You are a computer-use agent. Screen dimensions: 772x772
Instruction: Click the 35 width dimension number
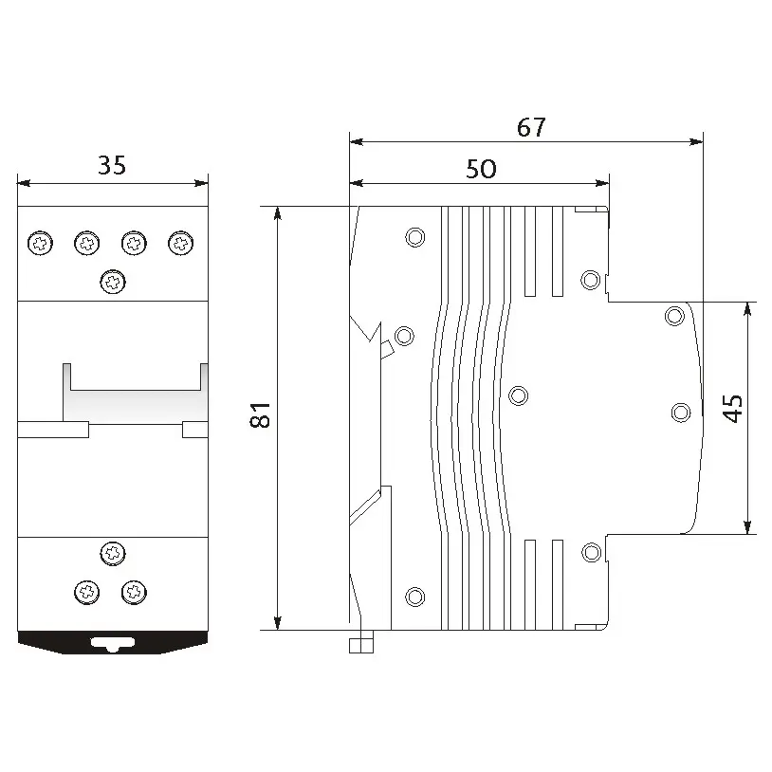(x=112, y=165)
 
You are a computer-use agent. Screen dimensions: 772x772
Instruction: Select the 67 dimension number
(x=531, y=127)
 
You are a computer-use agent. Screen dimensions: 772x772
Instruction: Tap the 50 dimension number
(x=481, y=169)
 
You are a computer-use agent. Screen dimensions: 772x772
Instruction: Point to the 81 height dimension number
(x=261, y=415)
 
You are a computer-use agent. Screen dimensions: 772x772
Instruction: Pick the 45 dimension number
(x=732, y=409)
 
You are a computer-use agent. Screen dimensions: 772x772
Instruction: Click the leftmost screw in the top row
(x=41, y=243)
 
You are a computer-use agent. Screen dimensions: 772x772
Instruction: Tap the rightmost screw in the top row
(x=181, y=243)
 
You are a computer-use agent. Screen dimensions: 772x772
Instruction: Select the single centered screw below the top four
(x=113, y=282)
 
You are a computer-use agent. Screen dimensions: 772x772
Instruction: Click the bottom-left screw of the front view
(x=86, y=593)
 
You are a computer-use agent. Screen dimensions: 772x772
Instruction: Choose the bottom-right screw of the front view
(x=134, y=593)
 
